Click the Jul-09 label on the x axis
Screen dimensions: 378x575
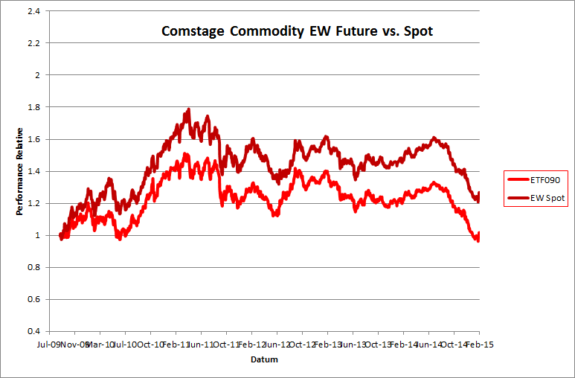coord(49,345)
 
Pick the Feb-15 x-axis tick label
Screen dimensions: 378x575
coord(478,345)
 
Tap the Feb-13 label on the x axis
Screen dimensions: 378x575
coord(327,345)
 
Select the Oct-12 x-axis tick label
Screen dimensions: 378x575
coord(301,345)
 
